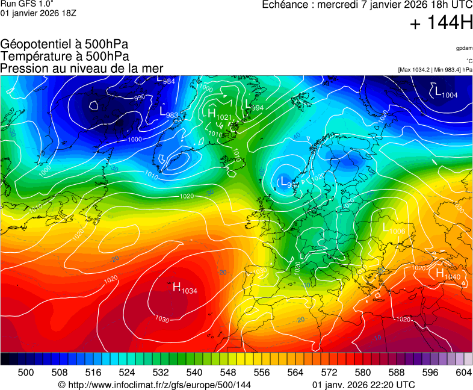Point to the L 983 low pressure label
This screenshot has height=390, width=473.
pyautogui.click(x=168, y=112)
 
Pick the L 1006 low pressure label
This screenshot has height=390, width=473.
pyautogui.click(x=394, y=228)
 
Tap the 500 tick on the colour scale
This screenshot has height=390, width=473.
pyautogui.click(x=26, y=373)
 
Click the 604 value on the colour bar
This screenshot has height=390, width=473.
pyautogui.click(x=463, y=373)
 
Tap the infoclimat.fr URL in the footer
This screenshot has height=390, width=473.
pyautogui.click(x=154, y=385)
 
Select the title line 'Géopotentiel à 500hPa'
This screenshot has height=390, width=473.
pyautogui.click(x=64, y=45)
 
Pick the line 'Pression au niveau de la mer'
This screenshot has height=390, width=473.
pyautogui.click(x=82, y=68)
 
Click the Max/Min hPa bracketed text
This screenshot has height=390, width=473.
pyautogui.click(x=435, y=70)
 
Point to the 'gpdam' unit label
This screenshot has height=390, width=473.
pyautogui.click(x=464, y=48)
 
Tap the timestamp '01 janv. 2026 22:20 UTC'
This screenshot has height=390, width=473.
pyautogui.click(x=363, y=385)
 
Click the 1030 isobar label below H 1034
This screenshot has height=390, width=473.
pyautogui.click(x=162, y=319)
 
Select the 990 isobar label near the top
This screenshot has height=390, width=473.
pyautogui.click(x=140, y=97)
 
